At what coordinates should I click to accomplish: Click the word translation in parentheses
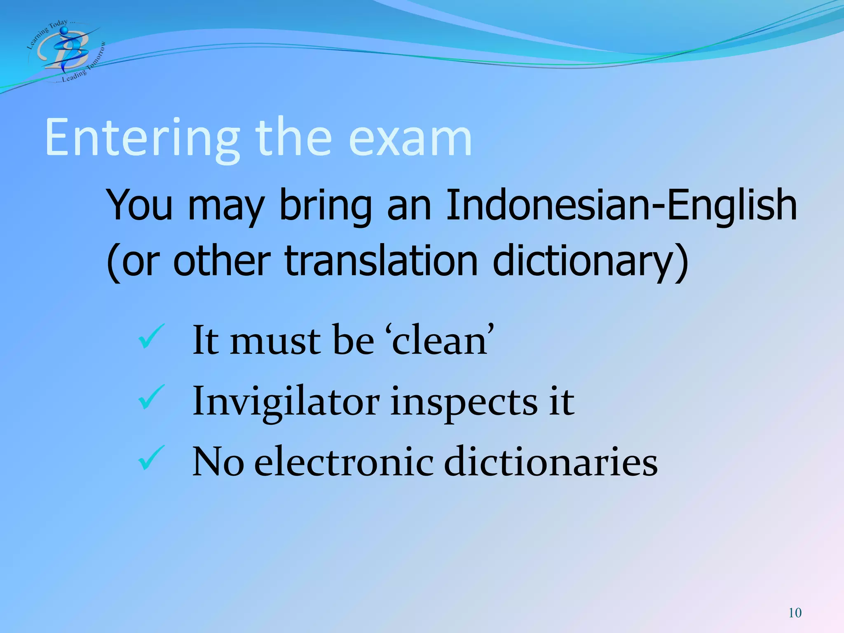[x=381, y=261]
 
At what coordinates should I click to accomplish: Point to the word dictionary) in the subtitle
[x=590, y=261]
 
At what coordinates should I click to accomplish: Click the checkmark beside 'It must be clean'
[x=151, y=336]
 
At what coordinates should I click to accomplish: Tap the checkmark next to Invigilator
[x=151, y=397]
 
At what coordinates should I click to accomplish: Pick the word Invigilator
[x=286, y=401]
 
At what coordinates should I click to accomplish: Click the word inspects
[x=464, y=401]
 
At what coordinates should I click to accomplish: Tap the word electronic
[x=344, y=462]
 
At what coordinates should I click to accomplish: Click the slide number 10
[x=795, y=613]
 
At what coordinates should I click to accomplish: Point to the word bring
[x=325, y=205]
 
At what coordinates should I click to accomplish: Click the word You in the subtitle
[x=139, y=205]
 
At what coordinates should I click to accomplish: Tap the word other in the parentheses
[x=222, y=261]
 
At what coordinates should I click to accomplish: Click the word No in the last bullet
[x=218, y=462]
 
